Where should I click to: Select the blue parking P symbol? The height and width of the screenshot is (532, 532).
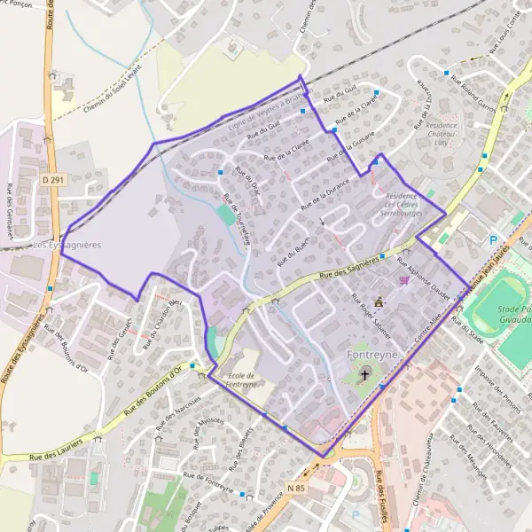point(494,240)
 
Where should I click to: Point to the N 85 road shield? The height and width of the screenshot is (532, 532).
point(296,486)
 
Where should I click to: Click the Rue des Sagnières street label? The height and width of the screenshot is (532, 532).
point(349,268)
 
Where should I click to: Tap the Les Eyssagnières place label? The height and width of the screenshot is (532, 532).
point(66,244)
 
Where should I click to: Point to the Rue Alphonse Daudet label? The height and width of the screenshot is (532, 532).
point(423,276)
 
